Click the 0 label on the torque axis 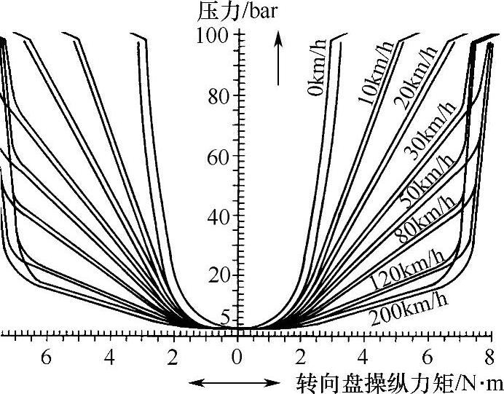point(236,358)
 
